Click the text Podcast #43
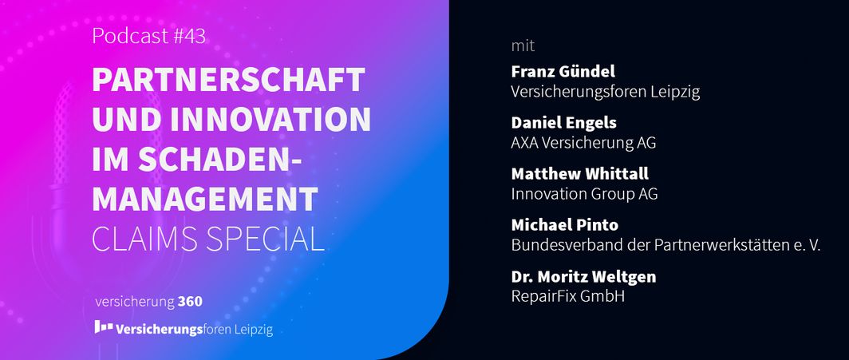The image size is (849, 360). [149, 36]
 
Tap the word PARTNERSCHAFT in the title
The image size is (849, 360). [228, 80]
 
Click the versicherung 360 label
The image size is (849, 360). [149, 302]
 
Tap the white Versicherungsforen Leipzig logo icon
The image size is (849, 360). [104, 326]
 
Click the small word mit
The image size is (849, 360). [523, 46]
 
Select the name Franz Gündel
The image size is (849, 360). [563, 72]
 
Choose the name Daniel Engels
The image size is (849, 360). [563, 123]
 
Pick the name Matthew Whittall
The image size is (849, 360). [580, 174]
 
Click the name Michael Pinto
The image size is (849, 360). [565, 224]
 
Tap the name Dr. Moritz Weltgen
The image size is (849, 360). [584, 277]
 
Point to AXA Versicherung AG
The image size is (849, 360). [584, 143]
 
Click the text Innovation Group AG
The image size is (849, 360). [585, 194]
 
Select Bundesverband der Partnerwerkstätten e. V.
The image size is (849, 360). [666, 245]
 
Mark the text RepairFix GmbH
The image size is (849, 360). [568, 297]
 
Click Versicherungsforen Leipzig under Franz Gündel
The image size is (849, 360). [606, 92]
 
